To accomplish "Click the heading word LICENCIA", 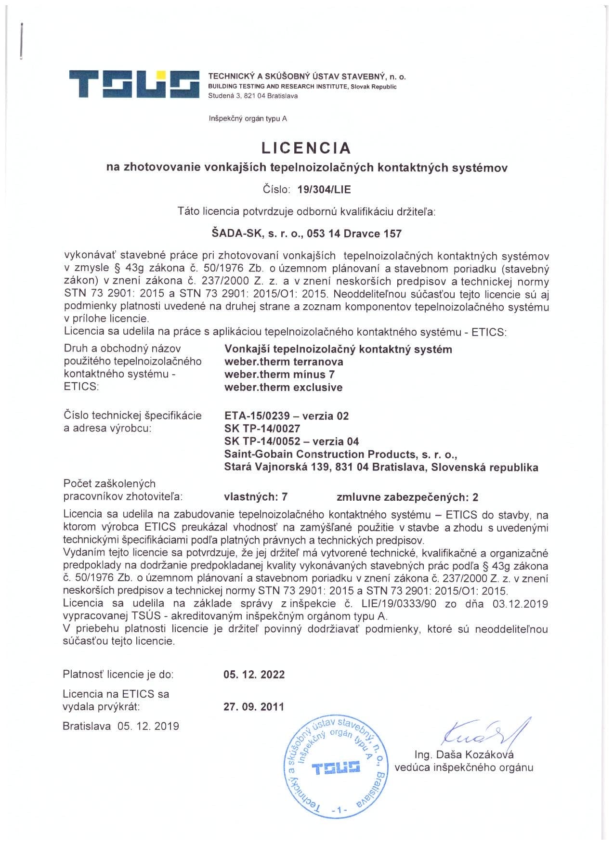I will point(306,147).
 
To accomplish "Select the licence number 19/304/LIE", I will point(324,189).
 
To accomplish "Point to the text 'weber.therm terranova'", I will point(284,362).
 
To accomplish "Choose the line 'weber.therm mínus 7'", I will point(279,375).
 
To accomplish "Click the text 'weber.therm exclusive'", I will point(283,387).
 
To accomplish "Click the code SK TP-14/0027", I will point(262,429).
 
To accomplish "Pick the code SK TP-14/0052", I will point(262,442).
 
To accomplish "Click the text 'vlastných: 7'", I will point(256,497).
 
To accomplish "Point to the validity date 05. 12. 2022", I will point(254,675).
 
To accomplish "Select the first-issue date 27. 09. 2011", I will point(254,707).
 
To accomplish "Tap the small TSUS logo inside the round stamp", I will point(336,767).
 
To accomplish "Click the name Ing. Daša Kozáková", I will point(464,754).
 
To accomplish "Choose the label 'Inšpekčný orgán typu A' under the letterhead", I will point(248,118).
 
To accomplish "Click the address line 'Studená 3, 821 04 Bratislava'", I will point(253,96).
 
